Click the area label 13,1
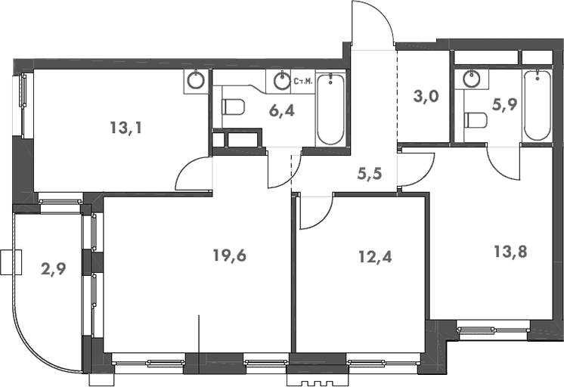coord(126,127)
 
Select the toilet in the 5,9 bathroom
coord(476,119)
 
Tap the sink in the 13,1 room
coord(197,79)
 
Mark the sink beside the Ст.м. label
coord(283,79)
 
